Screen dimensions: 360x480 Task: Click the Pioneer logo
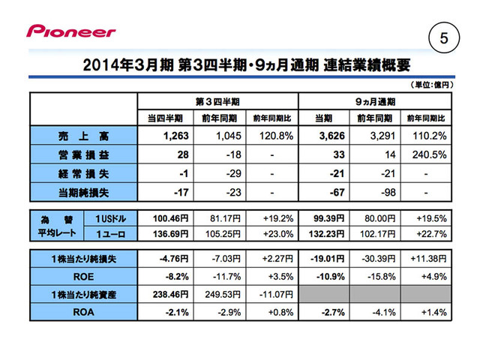71,31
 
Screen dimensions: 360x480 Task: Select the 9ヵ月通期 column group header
375,100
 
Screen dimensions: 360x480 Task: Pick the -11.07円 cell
271,291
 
